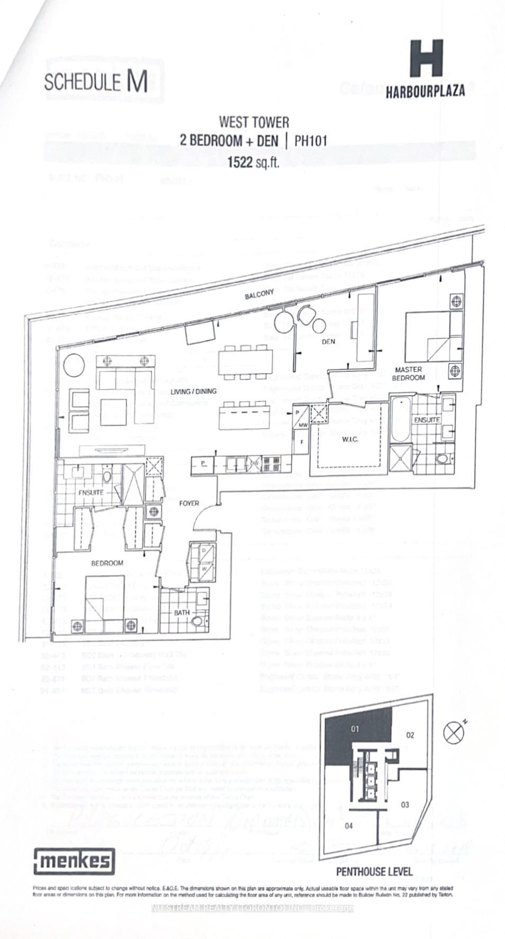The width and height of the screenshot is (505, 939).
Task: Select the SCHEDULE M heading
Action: click(x=96, y=83)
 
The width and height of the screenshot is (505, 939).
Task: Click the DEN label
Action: click(x=329, y=342)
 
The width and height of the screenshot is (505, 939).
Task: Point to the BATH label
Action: click(x=182, y=612)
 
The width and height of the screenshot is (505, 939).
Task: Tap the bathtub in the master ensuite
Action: click(x=400, y=421)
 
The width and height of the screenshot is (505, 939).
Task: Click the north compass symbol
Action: click(x=453, y=733)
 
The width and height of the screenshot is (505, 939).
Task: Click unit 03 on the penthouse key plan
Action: click(x=405, y=805)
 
